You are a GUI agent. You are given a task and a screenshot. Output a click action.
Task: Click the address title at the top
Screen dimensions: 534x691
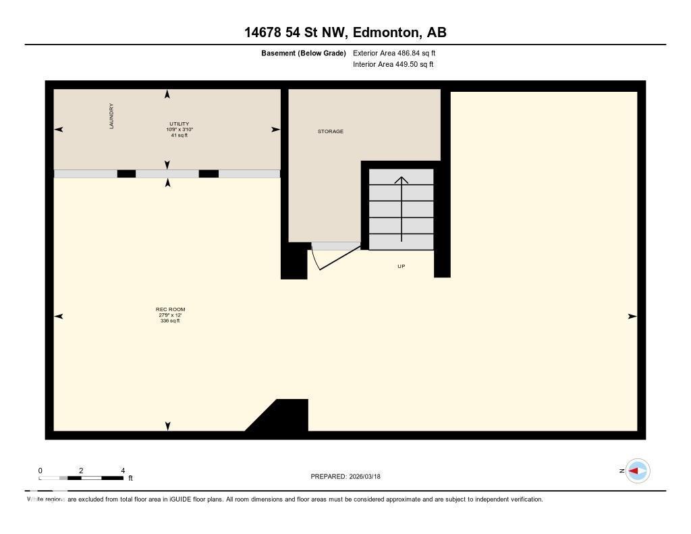pyautogui.click(x=345, y=32)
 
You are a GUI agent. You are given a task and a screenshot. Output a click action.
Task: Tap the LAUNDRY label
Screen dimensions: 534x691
pyautogui.click(x=111, y=116)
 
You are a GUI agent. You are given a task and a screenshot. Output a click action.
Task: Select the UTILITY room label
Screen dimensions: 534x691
pyautogui.click(x=179, y=124)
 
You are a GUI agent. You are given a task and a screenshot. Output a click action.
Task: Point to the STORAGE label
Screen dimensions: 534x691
pyautogui.click(x=331, y=132)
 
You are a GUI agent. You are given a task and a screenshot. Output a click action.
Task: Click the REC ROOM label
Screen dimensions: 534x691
pyautogui.click(x=170, y=309)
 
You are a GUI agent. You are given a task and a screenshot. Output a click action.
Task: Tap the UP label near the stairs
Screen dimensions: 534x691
pyautogui.click(x=401, y=266)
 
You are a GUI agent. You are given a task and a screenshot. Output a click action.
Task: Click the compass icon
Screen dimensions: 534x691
pyautogui.click(x=637, y=471)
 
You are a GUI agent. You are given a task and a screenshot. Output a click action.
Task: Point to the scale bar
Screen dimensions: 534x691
pyautogui.click(x=81, y=478)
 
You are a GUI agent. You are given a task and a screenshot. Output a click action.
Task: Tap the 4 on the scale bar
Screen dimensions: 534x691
pyautogui.click(x=122, y=471)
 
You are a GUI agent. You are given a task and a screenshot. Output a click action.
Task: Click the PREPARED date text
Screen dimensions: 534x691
pyautogui.click(x=345, y=476)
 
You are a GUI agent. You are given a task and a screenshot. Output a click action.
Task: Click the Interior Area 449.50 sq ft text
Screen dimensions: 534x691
pyautogui.click(x=393, y=65)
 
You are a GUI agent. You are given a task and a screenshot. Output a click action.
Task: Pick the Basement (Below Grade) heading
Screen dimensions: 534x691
pyautogui.click(x=304, y=53)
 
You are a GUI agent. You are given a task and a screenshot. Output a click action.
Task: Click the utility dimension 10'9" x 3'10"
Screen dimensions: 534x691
pyautogui.click(x=179, y=130)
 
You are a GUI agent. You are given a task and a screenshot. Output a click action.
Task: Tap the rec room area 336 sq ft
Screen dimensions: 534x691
pyautogui.click(x=170, y=321)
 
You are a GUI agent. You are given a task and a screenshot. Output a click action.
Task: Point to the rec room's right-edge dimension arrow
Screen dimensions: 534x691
pyautogui.click(x=632, y=316)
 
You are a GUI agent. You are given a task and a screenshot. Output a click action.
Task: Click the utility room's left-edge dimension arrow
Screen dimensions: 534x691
pyautogui.click(x=59, y=130)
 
